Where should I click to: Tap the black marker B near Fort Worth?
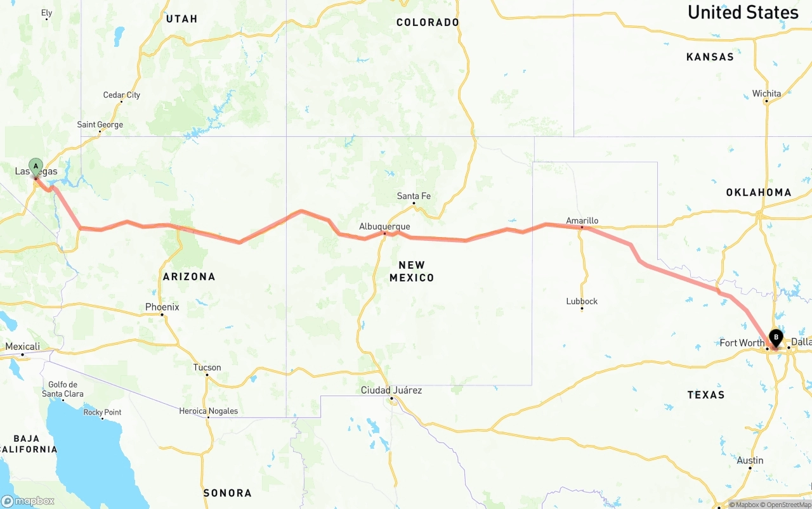coord(775,338)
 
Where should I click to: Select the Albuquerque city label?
coord(384,226)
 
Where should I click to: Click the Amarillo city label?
coord(582,221)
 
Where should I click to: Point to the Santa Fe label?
coord(414,196)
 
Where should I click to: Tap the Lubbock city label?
coord(582,301)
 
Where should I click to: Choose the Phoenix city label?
coord(162,307)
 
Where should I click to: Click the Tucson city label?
coord(207,368)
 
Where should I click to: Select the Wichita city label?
coord(766,93)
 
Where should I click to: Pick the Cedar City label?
coord(122,95)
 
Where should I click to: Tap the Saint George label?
coord(100,124)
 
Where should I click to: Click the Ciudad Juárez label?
coord(391,390)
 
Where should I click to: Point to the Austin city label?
coord(750,460)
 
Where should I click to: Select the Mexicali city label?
coord(23,346)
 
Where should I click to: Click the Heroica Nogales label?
coord(208,411)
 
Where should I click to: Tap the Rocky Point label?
coord(102,412)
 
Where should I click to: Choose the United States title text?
coord(742,12)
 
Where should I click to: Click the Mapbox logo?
coord(28,501)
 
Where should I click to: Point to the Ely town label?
coord(47,13)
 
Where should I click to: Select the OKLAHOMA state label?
coord(759,192)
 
